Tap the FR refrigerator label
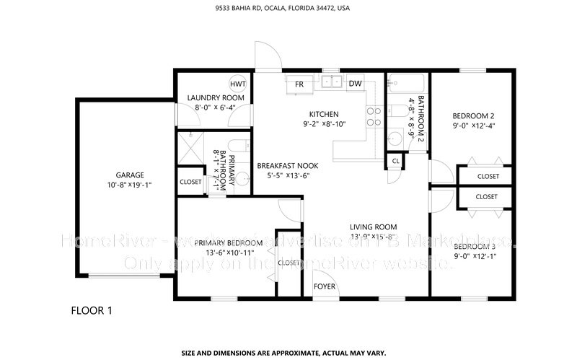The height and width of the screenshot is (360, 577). [x=299, y=84]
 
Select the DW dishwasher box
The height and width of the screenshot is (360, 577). [x=355, y=84]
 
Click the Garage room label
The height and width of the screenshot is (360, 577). [x=130, y=175]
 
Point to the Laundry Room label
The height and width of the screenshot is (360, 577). [x=216, y=97]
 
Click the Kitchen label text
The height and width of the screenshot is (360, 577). [x=324, y=114]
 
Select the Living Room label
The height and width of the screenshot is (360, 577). [x=374, y=227]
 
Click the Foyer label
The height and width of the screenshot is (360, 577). [x=324, y=286]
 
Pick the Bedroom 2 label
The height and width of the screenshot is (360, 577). [x=472, y=115]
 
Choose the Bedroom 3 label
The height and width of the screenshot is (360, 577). [x=474, y=247]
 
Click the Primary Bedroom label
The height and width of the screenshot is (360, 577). [x=220, y=242]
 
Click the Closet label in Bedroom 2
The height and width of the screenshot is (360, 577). [x=488, y=176]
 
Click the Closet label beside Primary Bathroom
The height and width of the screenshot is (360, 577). [x=190, y=182]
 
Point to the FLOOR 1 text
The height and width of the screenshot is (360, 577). [x=92, y=311]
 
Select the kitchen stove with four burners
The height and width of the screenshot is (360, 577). [x=374, y=116]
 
